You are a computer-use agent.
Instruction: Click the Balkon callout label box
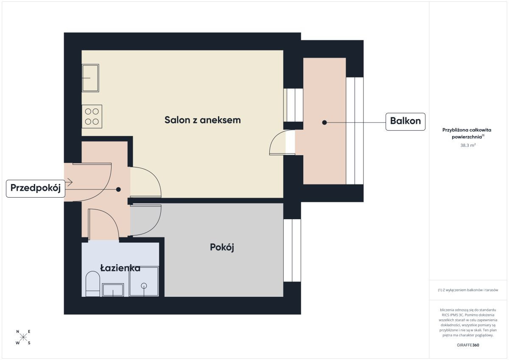[405, 122]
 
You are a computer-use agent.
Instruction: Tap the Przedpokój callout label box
[36, 188]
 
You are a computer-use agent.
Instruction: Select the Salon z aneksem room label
[202, 120]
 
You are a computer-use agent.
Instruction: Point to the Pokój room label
[222, 247]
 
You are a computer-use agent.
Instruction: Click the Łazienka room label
[120, 268]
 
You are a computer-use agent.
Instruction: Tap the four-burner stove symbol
[92, 117]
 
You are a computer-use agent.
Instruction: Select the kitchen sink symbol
[90, 78]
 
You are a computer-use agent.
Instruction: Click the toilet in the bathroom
[93, 284]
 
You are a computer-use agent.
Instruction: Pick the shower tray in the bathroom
[144, 282]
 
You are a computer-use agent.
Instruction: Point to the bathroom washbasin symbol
[113, 290]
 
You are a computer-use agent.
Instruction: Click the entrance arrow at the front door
[68, 182]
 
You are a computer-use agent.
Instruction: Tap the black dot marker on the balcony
[324, 123]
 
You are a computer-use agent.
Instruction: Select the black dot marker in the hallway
[118, 189]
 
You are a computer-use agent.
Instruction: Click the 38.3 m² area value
[468, 145]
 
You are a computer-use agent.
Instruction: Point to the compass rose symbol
[23, 337]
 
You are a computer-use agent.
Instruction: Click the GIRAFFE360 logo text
[468, 345]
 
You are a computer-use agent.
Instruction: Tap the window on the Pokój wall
[292, 250]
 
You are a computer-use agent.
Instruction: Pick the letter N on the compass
[17, 332]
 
